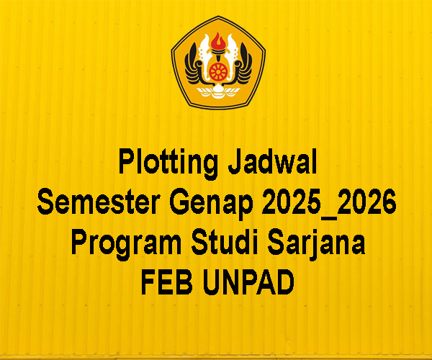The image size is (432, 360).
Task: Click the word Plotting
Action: click(x=168, y=163)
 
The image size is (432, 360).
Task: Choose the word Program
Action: click(x=126, y=244)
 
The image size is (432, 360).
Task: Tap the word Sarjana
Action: click(x=316, y=243)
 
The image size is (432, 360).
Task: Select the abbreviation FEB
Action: click(x=167, y=282)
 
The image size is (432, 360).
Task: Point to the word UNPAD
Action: click(x=248, y=282)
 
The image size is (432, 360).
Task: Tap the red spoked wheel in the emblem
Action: click(x=218, y=71)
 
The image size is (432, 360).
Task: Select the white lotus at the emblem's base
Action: click(x=218, y=91)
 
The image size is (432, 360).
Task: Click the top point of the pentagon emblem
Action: click(x=218, y=17)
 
